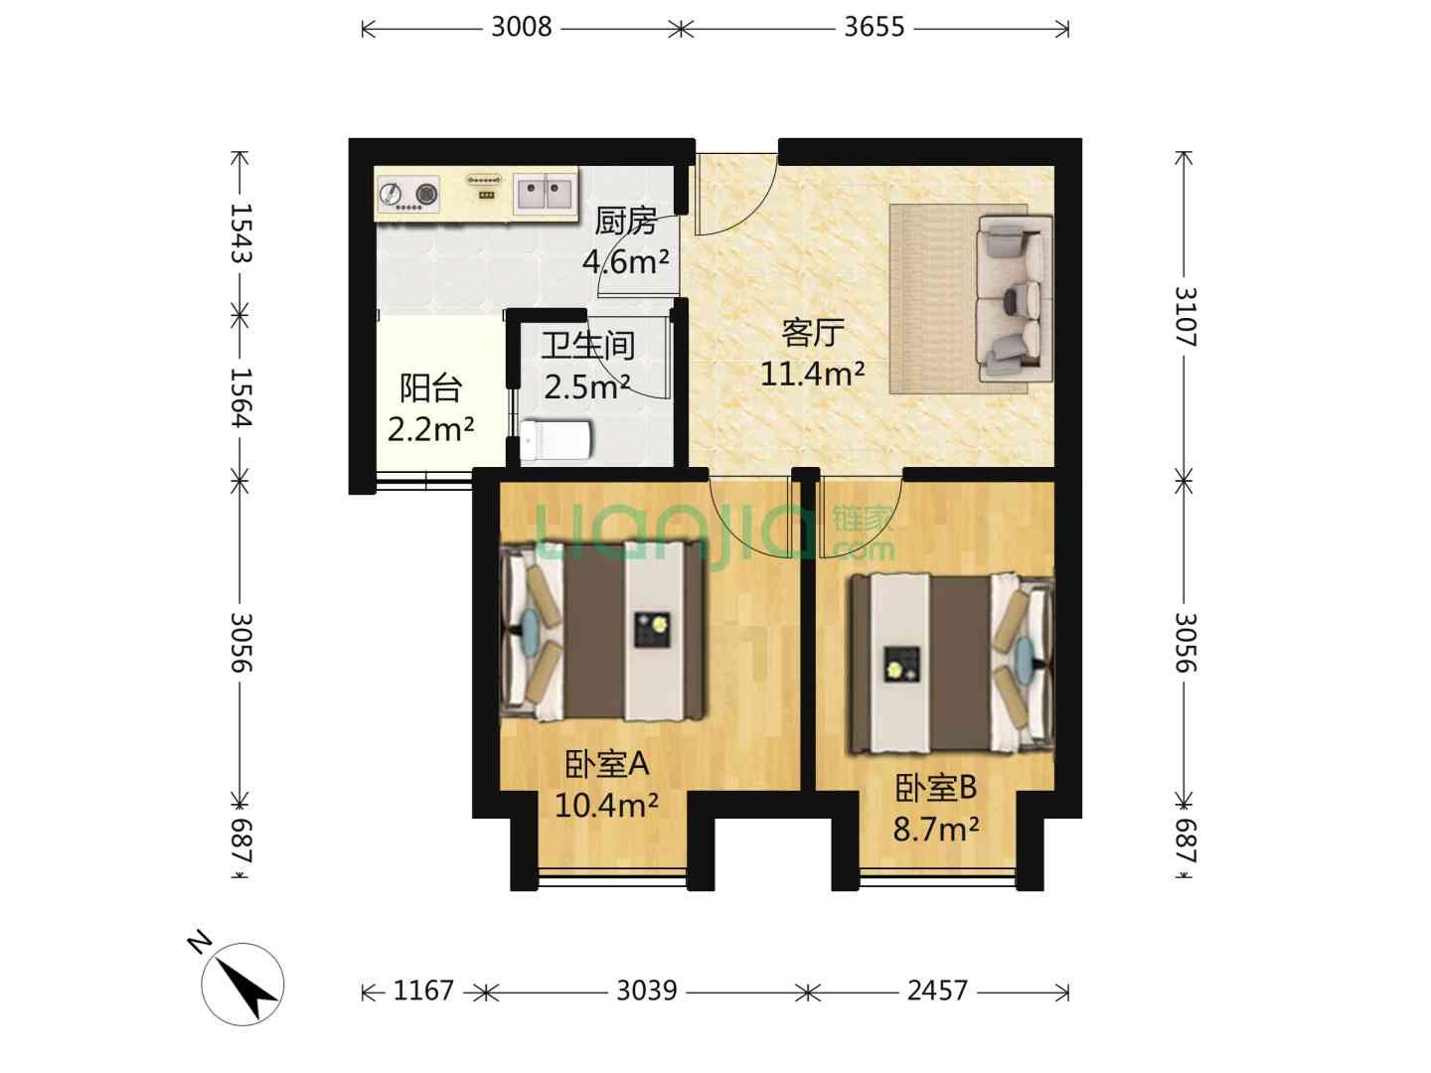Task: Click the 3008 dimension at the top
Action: (521, 28)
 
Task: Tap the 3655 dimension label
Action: (874, 28)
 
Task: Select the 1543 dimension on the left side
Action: (240, 232)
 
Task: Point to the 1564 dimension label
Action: (240, 397)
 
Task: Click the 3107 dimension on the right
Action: (1185, 317)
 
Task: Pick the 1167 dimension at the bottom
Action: (423, 991)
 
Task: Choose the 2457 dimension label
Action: (937, 991)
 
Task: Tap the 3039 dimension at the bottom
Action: (647, 991)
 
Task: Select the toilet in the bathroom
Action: (556, 439)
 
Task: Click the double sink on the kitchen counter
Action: (544, 193)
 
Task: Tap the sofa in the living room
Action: (1014, 299)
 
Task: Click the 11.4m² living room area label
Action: (812, 375)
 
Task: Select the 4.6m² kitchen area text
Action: (625, 262)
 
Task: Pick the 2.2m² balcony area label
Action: (430, 429)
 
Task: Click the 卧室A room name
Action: (606, 764)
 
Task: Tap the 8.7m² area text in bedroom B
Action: (935, 830)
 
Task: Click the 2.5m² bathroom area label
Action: (586, 387)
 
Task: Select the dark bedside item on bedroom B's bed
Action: (901, 665)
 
